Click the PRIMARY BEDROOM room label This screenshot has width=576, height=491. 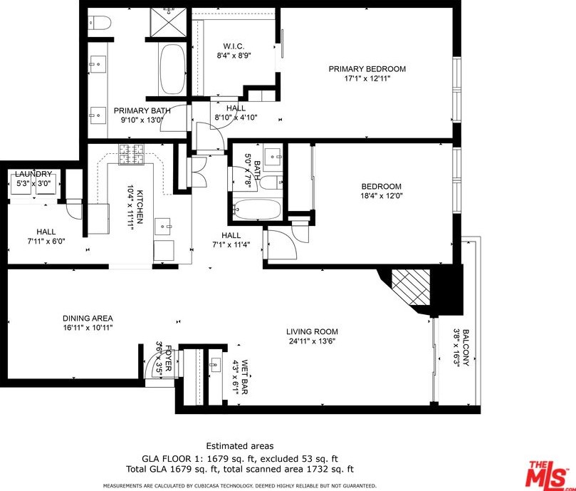point(367,69)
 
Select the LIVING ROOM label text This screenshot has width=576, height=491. point(312,332)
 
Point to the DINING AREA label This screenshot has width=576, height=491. point(88,319)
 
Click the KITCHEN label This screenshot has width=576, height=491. point(140,207)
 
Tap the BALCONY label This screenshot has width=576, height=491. point(466,347)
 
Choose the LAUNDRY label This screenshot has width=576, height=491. point(33,174)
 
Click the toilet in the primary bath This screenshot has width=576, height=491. point(100,23)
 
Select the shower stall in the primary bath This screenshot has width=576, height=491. point(169,21)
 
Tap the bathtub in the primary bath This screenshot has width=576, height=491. point(172,69)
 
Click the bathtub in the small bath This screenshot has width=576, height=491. point(256,210)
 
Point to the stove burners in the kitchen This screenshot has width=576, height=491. point(131,154)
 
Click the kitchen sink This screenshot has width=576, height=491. point(163,226)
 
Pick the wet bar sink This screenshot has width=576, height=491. point(215,364)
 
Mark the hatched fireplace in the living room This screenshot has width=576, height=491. point(411,287)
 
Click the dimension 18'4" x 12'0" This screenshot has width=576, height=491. point(382,196)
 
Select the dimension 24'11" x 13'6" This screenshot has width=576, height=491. point(312,341)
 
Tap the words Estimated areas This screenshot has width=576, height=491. point(240,446)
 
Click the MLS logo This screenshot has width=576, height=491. point(549,474)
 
